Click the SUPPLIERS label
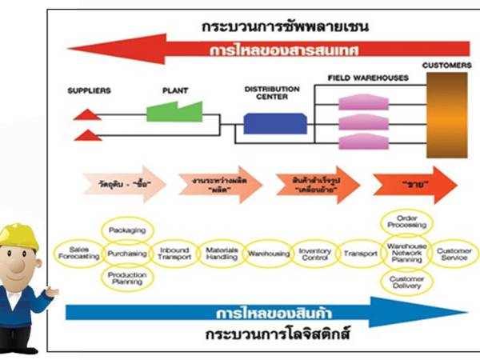point(89,90)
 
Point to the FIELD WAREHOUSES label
point(367,78)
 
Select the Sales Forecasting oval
point(78,253)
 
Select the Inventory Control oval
point(314,253)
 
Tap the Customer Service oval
point(454,253)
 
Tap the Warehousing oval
point(267,253)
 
